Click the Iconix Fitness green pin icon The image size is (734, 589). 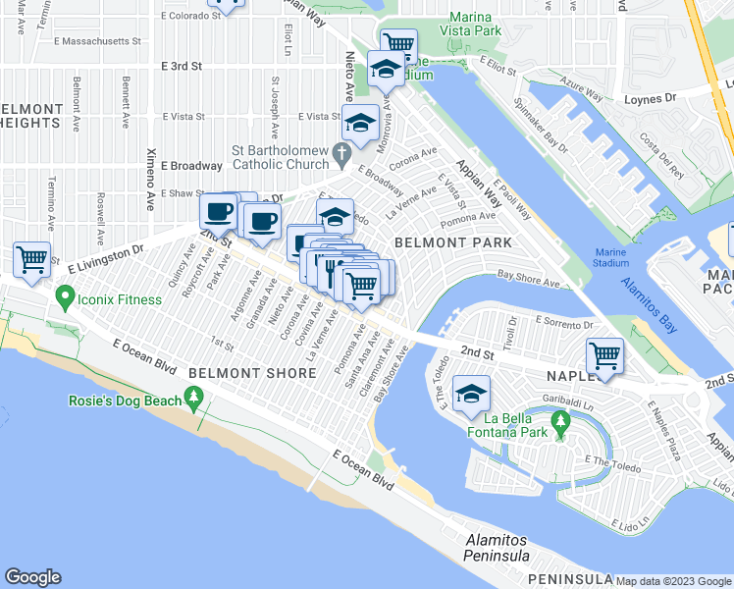point(66,294)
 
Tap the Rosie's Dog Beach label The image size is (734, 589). point(125,401)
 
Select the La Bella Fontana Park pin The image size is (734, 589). point(561,424)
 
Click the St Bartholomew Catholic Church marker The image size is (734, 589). point(341,153)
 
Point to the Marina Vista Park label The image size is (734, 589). point(476,25)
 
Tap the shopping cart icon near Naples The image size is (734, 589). point(603,354)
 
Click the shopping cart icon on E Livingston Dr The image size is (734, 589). point(32,259)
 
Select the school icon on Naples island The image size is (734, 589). point(472,393)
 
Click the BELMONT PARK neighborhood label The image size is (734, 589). point(453,241)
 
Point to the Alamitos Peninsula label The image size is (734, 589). point(497,549)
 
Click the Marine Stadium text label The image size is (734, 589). point(617,258)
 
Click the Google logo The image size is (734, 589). point(32,577)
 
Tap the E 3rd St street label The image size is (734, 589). point(181,67)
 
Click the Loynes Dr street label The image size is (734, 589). point(656,98)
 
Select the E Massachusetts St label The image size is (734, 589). point(99,43)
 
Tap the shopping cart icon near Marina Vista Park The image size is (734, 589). point(397,44)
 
